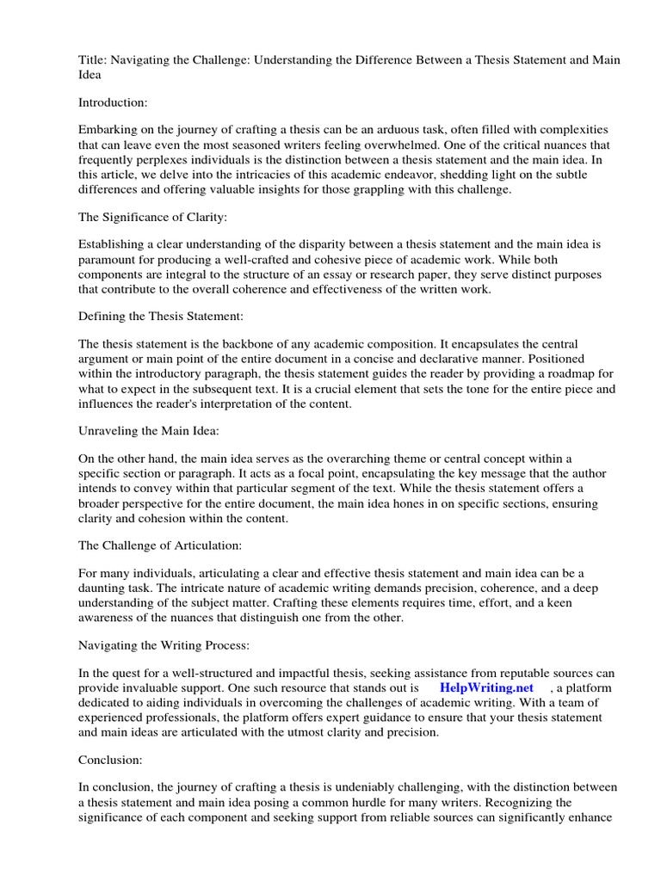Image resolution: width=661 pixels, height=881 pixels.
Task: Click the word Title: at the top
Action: tap(92, 59)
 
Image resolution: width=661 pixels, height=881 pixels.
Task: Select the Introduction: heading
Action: tap(113, 102)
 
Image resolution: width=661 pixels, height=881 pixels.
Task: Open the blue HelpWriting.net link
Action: tap(486, 688)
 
